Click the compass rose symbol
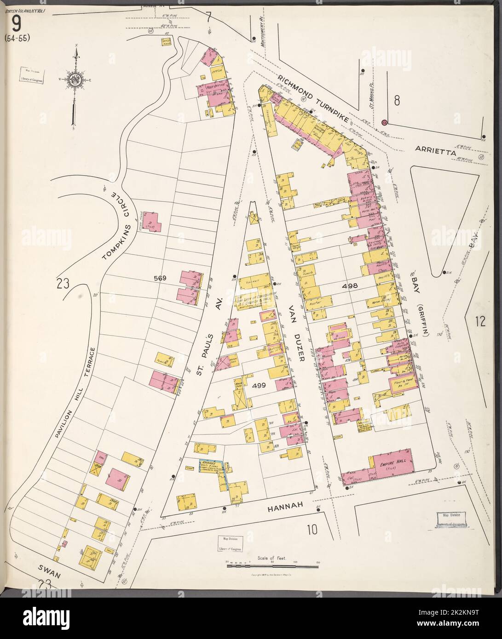74,79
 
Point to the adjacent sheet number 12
481,321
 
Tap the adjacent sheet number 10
312,530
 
